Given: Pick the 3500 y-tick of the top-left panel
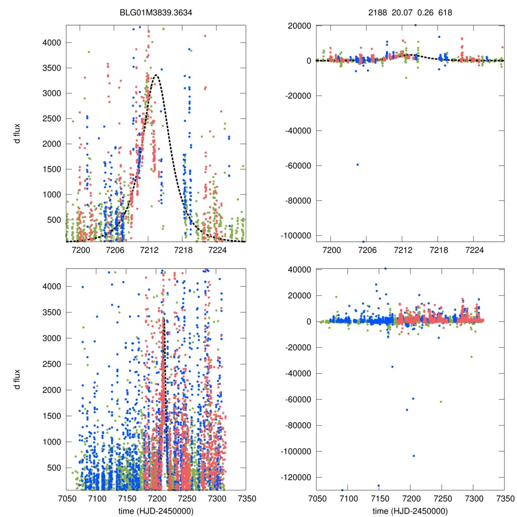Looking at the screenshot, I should (x=49, y=68).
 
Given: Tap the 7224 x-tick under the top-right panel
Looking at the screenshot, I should (x=475, y=250).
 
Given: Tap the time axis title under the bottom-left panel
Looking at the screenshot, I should (x=157, y=510).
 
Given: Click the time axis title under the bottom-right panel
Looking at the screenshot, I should (x=410, y=510).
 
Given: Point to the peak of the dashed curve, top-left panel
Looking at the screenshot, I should (x=157, y=75).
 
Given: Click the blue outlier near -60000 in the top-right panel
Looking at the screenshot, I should (x=357, y=165).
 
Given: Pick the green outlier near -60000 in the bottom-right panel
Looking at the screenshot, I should (x=441, y=401).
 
